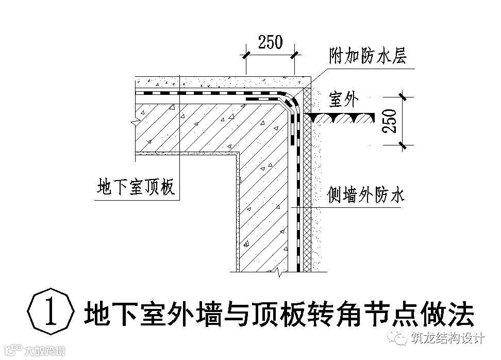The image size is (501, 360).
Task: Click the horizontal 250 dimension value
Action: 270,42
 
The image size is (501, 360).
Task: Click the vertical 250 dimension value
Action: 392,122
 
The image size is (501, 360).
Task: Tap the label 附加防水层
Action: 367,55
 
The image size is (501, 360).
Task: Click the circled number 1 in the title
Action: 51,313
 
